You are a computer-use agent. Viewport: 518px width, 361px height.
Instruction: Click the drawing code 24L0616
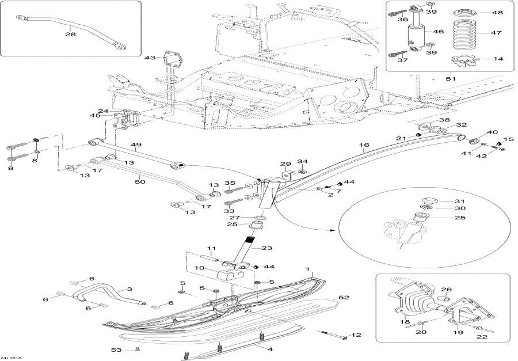pos(12,358)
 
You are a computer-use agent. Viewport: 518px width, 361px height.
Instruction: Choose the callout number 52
pos(344,298)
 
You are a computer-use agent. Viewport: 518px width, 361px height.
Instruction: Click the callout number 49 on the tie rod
pos(136,146)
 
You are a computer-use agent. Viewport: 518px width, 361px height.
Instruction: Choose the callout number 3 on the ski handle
pos(129,289)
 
